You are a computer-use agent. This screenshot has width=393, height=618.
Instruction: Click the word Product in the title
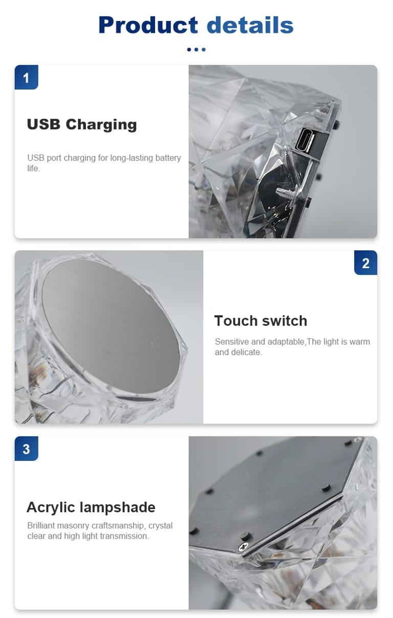[x=148, y=25]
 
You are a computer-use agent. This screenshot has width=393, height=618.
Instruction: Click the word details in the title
[x=250, y=25]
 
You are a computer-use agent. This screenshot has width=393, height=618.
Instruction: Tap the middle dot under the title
[x=196, y=50]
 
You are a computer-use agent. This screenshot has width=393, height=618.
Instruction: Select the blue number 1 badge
[x=26, y=77]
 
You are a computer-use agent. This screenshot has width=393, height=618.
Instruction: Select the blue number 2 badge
[x=366, y=262]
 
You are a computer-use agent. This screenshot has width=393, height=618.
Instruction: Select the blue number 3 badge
[x=26, y=449]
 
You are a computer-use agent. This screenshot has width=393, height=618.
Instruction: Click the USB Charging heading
[x=82, y=124]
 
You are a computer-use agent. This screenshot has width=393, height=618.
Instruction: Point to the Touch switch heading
[x=261, y=321]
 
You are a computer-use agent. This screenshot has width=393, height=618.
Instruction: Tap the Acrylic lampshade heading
[x=91, y=507]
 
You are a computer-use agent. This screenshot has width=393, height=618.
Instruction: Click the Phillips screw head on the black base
[x=244, y=546]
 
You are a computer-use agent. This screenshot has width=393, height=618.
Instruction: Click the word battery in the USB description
[x=168, y=158]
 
